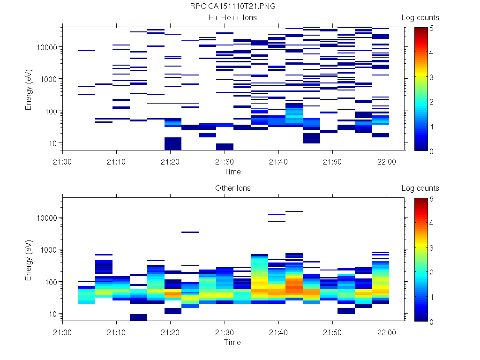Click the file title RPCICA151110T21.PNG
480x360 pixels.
tap(232, 7)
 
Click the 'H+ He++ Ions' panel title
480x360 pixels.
tap(232, 18)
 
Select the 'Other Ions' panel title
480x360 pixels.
tap(232, 188)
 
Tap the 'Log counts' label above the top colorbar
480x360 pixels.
tap(420, 18)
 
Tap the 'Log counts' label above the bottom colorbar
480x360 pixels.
tap(420, 188)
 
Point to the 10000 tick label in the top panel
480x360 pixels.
tap(47, 47)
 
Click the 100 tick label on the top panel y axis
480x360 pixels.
tap(51, 112)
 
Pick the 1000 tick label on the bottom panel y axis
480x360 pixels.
tap(49, 250)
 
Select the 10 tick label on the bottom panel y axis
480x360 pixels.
tap(52, 314)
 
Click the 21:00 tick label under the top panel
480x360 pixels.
tap(63, 161)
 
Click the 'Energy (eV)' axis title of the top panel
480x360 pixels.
tap(29, 89)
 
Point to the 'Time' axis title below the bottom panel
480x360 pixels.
tap(232, 342)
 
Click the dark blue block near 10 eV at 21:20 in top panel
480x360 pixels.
tap(173, 143)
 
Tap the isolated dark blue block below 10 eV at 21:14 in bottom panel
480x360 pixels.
tap(138, 317)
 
